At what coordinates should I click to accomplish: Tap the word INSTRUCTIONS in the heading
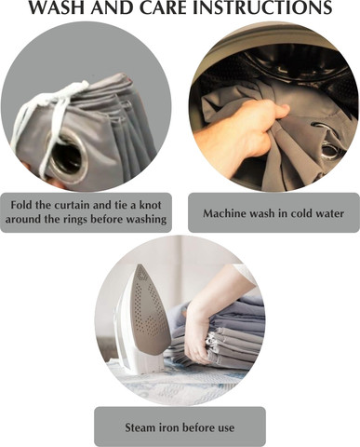pyautogui.click(x=262, y=7)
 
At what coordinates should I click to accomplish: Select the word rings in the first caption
pyautogui.click(x=73, y=220)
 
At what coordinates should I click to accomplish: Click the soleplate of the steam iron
pyautogui.click(x=151, y=310)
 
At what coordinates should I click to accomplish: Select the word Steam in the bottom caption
pyautogui.click(x=140, y=427)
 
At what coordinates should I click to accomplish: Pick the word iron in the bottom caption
pyautogui.click(x=168, y=427)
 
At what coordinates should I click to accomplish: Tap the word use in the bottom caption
pyautogui.click(x=226, y=428)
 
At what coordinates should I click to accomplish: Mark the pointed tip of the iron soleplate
pyautogui.click(x=140, y=264)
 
